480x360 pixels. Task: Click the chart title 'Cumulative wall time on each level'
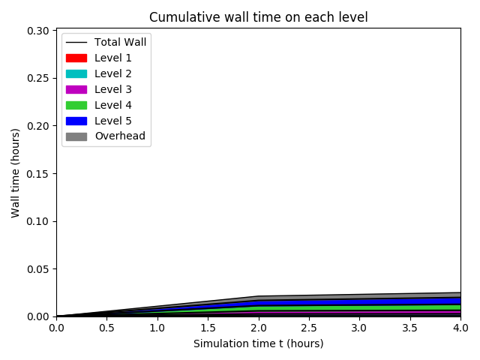click(x=258, y=17)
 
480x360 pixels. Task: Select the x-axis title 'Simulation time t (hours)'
click(x=258, y=343)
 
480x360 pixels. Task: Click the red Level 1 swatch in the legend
click(x=76, y=58)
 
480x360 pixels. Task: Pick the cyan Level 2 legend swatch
click(x=76, y=73)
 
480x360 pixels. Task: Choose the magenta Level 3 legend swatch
click(x=76, y=89)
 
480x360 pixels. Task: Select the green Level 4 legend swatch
click(x=76, y=105)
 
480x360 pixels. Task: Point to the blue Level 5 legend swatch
click(x=76, y=121)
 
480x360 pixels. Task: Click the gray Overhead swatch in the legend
click(x=76, y=136)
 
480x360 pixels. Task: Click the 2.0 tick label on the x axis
click(x=258, y=328)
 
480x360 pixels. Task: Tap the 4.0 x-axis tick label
click(x=460, y=328)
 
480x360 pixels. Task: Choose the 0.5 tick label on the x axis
click(x=106, y=328)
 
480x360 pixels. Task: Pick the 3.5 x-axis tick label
click(x=409, y=328)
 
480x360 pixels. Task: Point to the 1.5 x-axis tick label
click(x=208, y=328)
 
